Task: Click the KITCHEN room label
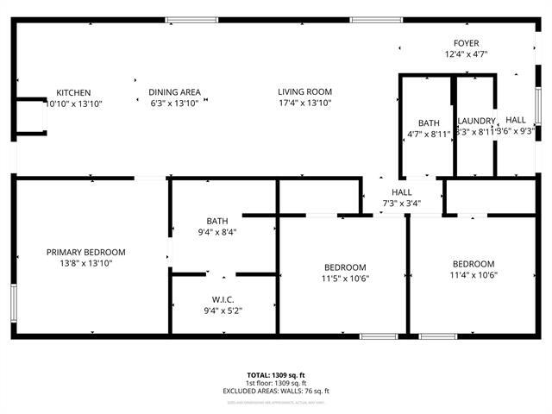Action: coord(73,92)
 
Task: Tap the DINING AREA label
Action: coord(174,92)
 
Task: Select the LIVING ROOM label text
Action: coord(304,92)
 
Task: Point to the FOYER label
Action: coord(467,43)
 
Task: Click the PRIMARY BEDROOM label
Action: coord(85,252)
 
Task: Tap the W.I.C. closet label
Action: coord(223,300)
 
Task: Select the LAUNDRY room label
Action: coord(476,122)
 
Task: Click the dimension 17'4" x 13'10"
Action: coord(304,103)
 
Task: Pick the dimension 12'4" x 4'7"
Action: coord(467,53)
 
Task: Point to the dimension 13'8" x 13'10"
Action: coord(85,262)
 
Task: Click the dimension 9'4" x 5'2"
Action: coord(223,310)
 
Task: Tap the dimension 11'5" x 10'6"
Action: coord(345,278)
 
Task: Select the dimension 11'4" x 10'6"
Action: coord(474,275)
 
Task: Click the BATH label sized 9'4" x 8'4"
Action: coord(216,221)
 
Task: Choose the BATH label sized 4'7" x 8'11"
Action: coord(429,122)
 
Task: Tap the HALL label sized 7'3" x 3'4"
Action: coord(402,192)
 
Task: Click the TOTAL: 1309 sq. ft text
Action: coord(275,375)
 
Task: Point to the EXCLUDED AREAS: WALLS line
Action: coord(275,391)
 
